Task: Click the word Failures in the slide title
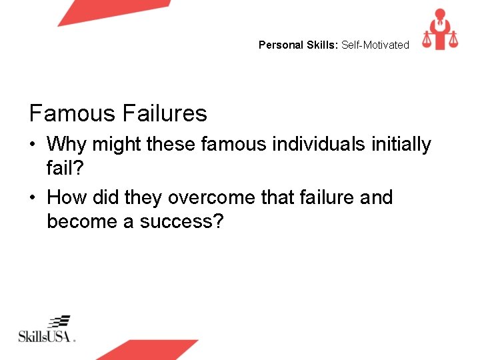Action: point(166,113)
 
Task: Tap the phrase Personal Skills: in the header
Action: point(299,45)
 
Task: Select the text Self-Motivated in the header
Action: point(375,45)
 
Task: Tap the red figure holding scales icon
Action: point(439,29)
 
